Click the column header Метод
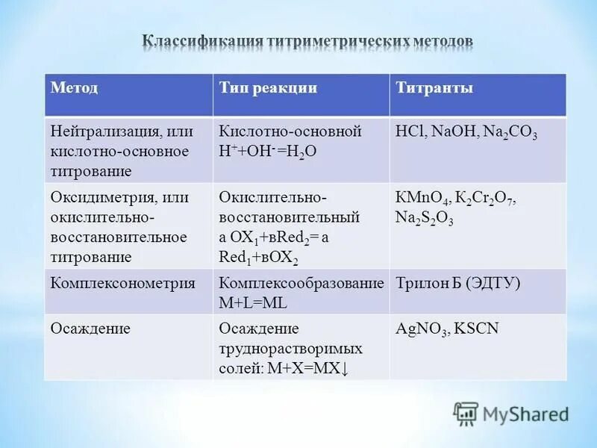(x=75, y=89)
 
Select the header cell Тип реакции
(x=268, y=89)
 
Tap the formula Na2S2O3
(x=425, y=220)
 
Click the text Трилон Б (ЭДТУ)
(x=458, y=283)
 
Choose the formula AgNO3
(x=420, y=329)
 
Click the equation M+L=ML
(x=253, y=303)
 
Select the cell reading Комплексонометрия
(x=123, y=283)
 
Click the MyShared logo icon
(x=466, y=412)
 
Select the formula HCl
(x=410, y=131)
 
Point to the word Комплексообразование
(x=301, y=283)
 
